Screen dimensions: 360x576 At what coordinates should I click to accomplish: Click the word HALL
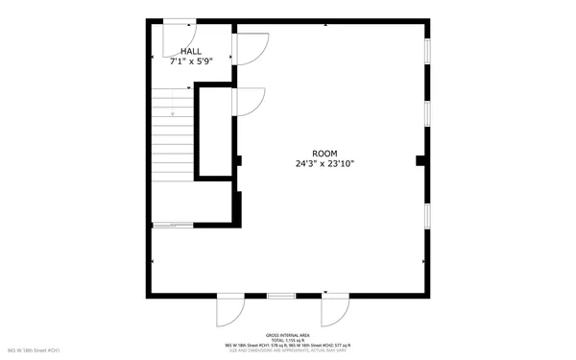190,51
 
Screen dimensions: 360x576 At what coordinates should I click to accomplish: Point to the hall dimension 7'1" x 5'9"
190,60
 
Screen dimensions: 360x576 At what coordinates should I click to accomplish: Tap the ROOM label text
324,154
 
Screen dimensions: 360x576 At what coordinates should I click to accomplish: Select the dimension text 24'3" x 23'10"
324,164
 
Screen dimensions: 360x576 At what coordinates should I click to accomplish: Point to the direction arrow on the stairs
174,116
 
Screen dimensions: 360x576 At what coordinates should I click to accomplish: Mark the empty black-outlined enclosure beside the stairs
214,132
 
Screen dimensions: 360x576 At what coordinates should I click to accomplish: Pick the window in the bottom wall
280,295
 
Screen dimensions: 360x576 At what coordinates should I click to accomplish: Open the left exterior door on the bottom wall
230,309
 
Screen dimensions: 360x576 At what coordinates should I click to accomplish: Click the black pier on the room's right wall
420,160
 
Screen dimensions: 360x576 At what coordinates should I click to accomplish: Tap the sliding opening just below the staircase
172,225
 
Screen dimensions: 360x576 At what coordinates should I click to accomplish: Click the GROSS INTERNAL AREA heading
287,335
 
